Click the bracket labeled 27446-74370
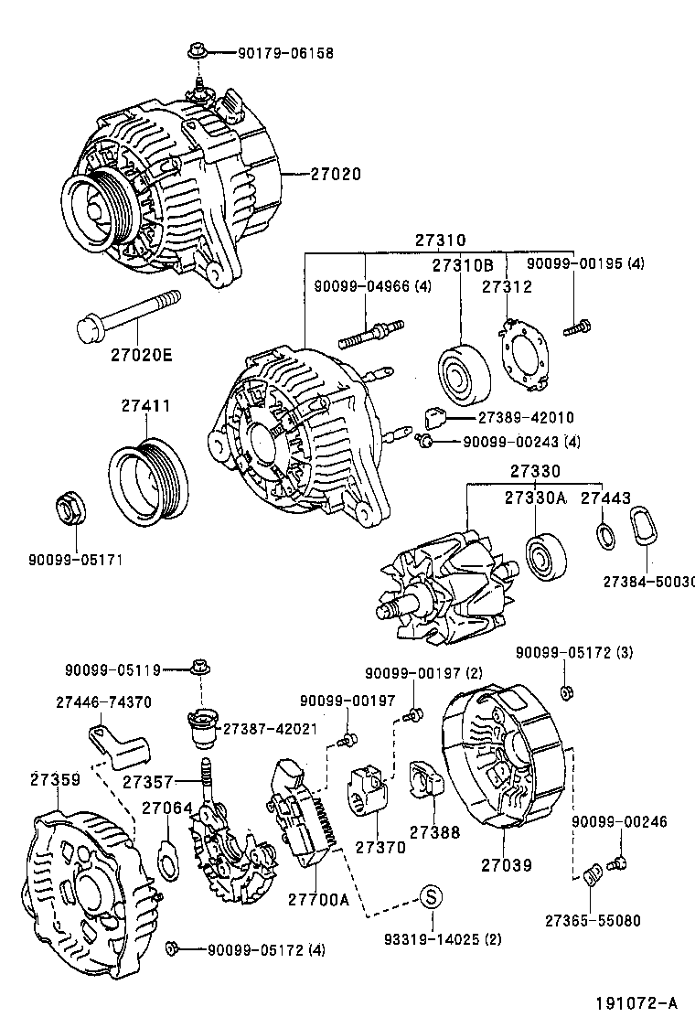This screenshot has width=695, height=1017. coord(118,744)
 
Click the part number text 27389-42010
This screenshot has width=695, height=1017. coord(526,417)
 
